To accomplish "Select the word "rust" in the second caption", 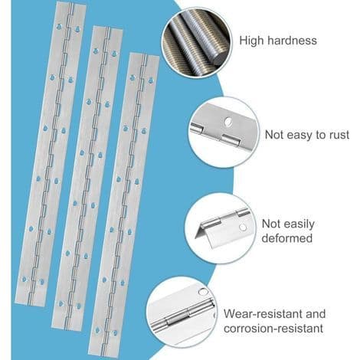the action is pos(339,135).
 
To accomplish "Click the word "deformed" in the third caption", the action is pos(287,238).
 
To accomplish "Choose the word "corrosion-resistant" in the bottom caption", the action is pos(273,329).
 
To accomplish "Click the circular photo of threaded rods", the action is pos(197,42).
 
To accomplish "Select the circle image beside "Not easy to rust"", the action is pos(224,133).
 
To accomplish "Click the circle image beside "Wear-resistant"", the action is pos(182,313).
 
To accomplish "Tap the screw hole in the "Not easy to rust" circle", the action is pos(227,122).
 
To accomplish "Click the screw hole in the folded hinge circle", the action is pos(243,227).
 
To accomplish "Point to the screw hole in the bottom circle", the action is pos(204,292).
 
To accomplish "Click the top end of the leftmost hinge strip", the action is pos(70,4).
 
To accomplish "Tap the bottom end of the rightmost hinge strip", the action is pos(103,352).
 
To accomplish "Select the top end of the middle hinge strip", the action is pos(107,28).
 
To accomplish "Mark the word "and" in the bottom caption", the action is pos(316,314).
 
